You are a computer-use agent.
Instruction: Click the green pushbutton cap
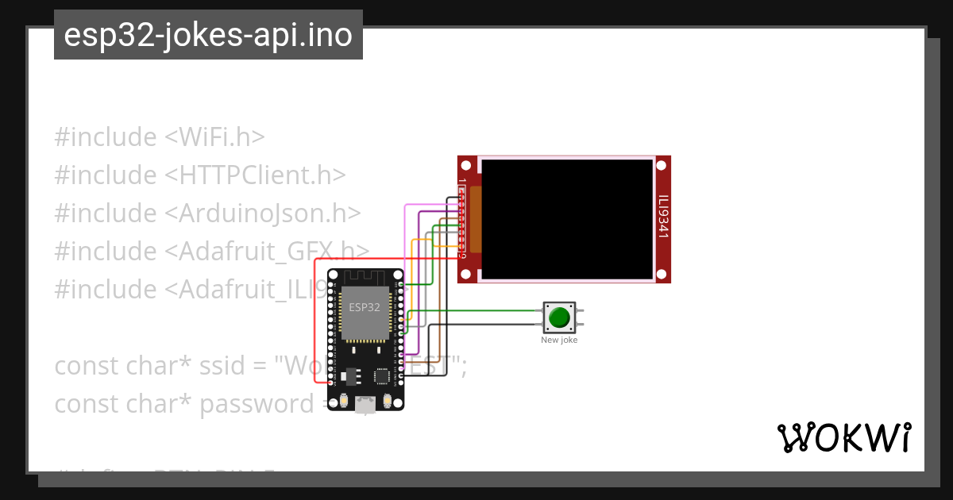point(559,317)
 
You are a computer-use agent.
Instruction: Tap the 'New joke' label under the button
point(559,340)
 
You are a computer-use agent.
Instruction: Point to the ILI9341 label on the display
point(663,217)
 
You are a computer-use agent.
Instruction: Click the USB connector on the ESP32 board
point(365,405)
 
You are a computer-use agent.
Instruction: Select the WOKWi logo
point(843,438)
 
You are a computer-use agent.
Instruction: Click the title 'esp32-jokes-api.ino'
point(208,35)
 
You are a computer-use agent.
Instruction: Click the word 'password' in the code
point(257,404)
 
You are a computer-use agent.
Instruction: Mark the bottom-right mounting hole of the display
point(662,274)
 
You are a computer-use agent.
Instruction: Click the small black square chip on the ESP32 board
point(382,375)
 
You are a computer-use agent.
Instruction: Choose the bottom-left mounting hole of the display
point(466,274)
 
